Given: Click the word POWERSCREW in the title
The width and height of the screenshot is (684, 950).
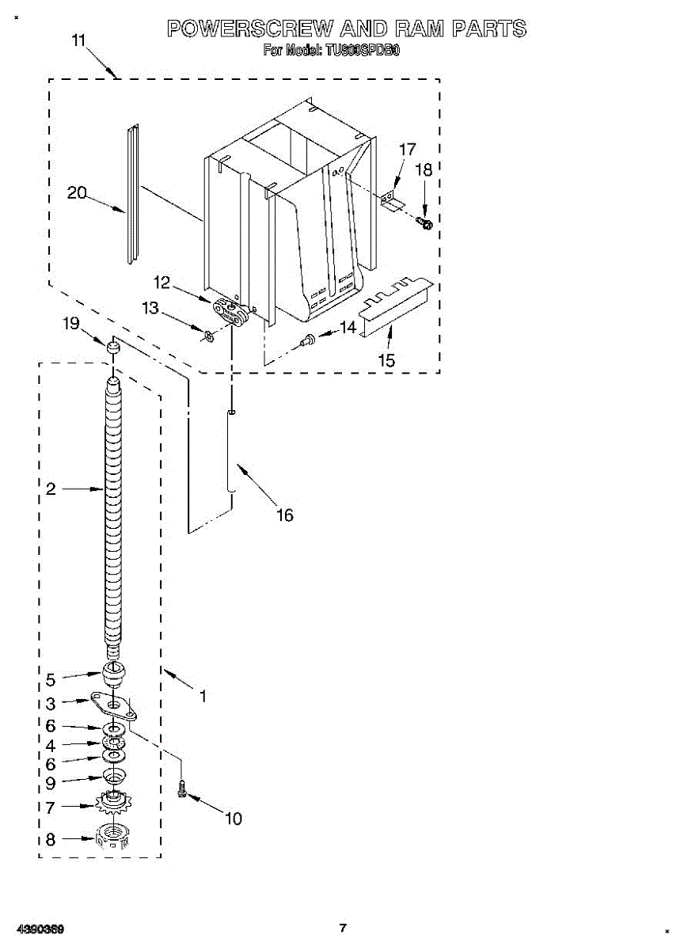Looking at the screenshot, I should [x=249, y=29].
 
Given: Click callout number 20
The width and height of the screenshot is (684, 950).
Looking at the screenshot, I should [x=77, y=192].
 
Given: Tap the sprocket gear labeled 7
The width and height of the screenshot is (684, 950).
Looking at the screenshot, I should [x=113, y=805].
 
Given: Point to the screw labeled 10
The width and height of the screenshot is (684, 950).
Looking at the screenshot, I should [x=183, y=788].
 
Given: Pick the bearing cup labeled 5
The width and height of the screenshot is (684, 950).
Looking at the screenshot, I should [x=115, y=678].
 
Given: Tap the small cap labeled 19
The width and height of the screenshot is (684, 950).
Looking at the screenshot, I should [x=114, y=346].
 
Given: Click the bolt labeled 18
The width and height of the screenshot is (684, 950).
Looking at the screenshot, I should [x=425, y=225].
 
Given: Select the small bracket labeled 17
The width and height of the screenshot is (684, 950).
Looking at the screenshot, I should [x=391, y=199].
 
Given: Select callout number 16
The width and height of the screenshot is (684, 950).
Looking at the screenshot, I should [x=284, y=515].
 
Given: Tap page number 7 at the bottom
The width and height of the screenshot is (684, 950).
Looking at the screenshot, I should [x=343, y=928].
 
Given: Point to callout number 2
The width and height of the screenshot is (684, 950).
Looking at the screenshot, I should [x=51, y=490].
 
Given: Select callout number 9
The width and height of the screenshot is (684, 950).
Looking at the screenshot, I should [x=51, y=783].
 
